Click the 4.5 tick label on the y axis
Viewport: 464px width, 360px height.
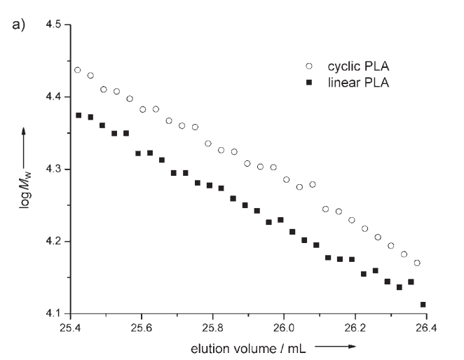[53, 25]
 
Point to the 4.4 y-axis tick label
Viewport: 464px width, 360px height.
[53, 97]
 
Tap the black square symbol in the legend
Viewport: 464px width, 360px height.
[308, 84]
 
